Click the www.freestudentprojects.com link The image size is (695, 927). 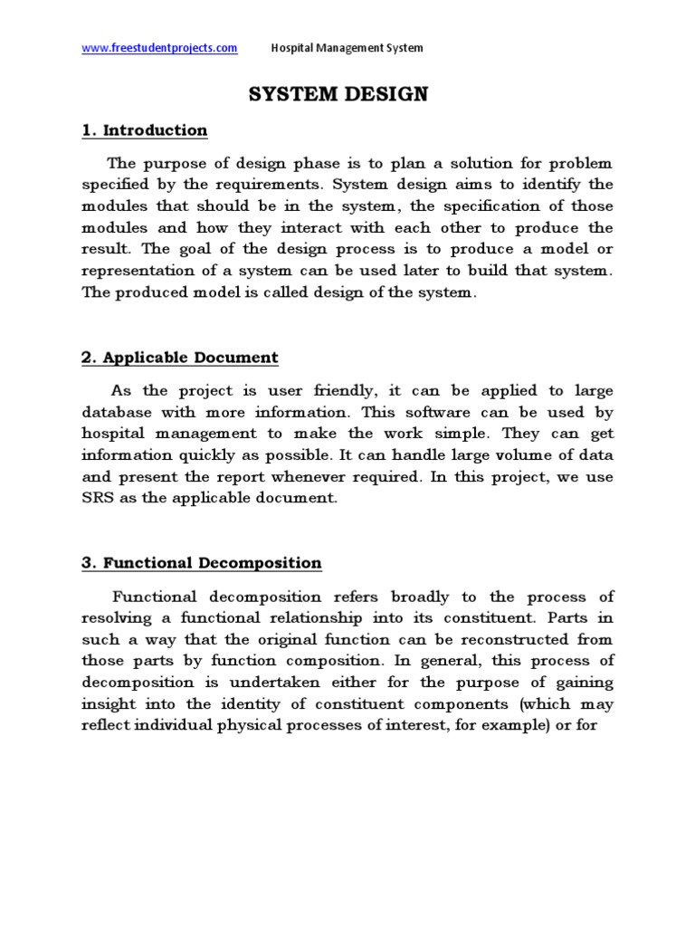159,48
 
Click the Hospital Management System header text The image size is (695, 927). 347,48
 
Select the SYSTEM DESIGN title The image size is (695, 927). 339,95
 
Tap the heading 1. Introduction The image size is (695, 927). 145,130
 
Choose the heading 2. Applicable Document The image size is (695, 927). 180,358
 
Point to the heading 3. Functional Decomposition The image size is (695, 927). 202,563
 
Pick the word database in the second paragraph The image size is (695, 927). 117,412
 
